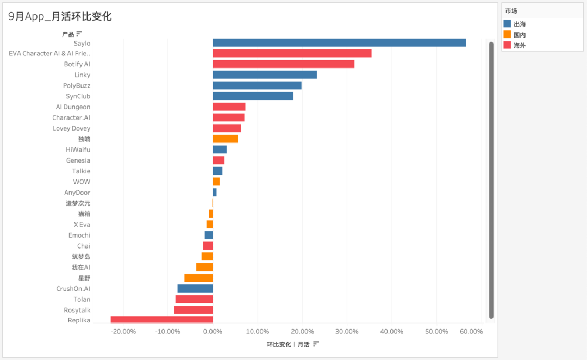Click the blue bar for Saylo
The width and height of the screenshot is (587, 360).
339,42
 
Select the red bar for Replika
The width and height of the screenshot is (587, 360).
161,320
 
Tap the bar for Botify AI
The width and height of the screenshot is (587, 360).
283,64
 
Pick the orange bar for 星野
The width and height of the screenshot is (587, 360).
198,278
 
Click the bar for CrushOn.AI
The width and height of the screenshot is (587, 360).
195,289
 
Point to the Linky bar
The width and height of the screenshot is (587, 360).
265,75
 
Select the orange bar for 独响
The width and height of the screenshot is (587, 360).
225,139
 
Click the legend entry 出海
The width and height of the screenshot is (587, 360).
520,24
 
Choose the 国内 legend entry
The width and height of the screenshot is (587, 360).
520,35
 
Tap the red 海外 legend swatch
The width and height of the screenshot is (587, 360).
508,46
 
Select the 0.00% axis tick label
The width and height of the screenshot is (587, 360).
213,332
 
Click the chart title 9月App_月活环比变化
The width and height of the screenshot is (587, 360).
60,16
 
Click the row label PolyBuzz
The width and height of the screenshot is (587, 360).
77,86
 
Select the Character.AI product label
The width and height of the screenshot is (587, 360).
71,118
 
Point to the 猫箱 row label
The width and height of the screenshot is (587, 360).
84,214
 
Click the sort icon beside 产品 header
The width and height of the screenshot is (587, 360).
79,34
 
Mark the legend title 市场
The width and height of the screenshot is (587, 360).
511,11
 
